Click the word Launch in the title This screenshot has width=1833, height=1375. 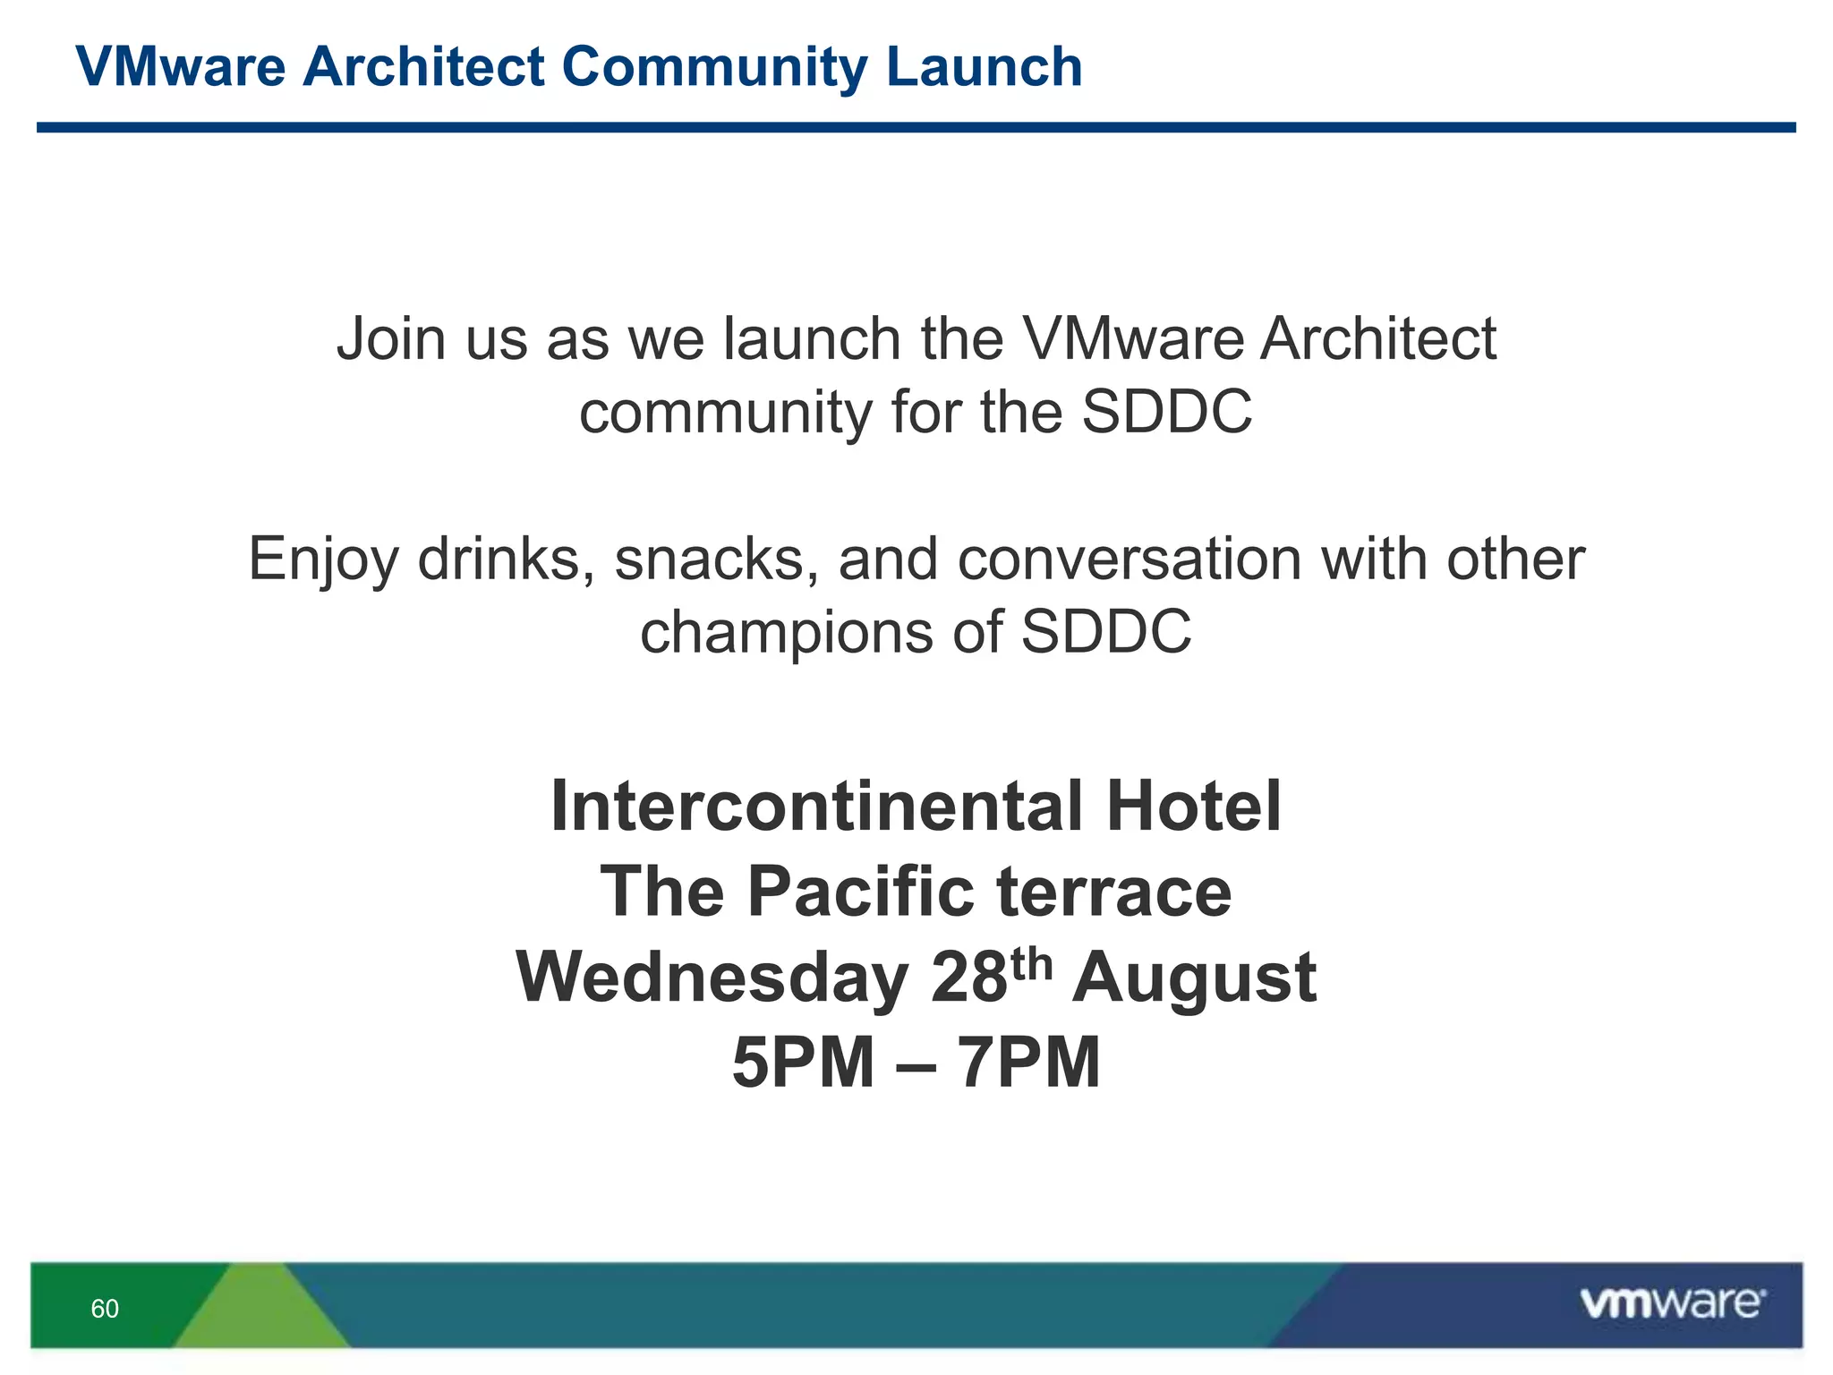[985, 67]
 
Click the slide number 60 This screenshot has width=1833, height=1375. [105, 1309]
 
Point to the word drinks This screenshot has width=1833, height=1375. [499, 559]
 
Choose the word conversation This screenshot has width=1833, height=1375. [1130, 559]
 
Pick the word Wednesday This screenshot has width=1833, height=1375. [712, 978]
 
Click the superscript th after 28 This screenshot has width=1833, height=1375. [1032, 964]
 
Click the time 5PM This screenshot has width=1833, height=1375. [803, 1063]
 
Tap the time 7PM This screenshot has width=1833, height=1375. [1028, 1063]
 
